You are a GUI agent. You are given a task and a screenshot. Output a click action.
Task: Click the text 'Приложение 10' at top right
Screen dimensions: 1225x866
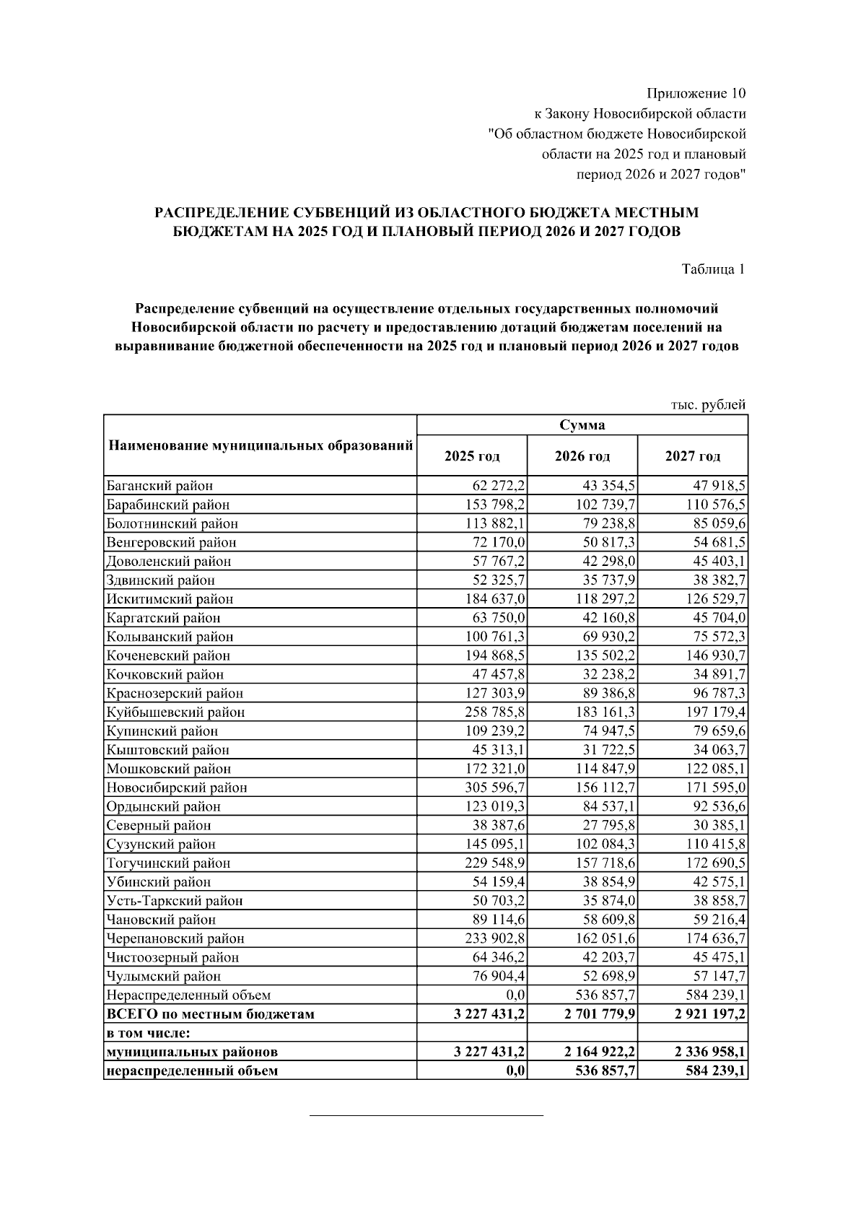point(696,93)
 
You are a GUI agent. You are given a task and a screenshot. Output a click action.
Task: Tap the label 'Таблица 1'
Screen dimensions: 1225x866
point(713,269)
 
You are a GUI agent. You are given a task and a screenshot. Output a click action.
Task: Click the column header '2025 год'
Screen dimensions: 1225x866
point(472,456)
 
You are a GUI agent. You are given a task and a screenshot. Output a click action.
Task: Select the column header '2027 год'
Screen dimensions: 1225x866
point(692,456)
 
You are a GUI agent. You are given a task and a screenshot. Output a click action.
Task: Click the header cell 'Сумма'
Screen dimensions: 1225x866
point(582,425)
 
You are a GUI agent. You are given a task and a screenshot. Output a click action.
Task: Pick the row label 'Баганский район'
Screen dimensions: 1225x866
point(159,486)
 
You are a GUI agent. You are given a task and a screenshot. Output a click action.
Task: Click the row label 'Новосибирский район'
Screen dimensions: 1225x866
point(176,788)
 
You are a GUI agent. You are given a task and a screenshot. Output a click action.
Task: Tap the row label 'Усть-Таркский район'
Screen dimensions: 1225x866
point(174,900)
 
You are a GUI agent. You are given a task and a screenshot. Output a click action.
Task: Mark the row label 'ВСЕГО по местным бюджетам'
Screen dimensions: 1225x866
point(210,1013)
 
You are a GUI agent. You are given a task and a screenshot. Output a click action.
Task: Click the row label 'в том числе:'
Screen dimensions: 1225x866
point(148,1033)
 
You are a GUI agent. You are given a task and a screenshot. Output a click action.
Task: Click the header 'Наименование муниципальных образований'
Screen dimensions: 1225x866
point(260,445)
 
